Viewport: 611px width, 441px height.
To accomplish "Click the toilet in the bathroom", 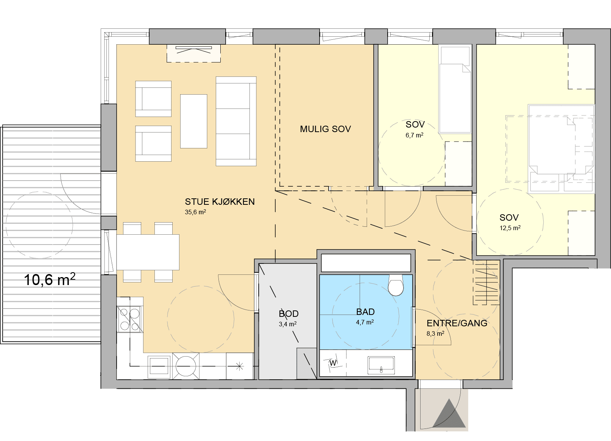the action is [396, 285].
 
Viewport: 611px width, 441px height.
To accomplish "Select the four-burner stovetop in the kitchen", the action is [129, 319].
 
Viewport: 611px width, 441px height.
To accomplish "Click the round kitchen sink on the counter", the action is [186, 366].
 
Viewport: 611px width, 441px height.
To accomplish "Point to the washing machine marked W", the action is [333, 363].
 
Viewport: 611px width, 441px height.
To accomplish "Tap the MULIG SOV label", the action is [326, 129].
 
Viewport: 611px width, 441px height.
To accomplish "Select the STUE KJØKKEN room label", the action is [220, 201].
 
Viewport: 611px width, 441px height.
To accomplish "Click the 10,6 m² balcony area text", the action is [50, 279].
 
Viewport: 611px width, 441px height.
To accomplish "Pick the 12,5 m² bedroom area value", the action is [510, 228].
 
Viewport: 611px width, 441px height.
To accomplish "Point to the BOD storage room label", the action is [288, 314].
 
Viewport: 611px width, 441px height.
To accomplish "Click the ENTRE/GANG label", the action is [457, 323].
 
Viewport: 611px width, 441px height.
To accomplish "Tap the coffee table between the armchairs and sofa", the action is [194, 121].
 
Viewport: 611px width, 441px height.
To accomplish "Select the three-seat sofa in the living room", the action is [236, 121].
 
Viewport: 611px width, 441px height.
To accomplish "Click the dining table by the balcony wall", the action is [148, 252].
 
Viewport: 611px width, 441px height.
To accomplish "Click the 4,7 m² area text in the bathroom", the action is [365, 322].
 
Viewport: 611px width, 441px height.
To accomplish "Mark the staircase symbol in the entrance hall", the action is [486, 282].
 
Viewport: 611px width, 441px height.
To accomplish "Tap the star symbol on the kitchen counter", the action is [240, 366].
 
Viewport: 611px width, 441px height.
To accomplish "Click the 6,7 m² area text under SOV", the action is [414, 135].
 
